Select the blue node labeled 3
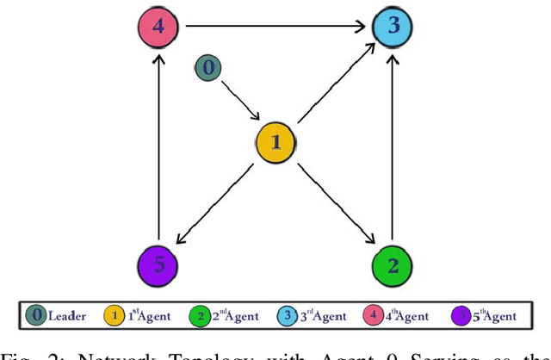point(393,25)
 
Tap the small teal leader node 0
point(206,67)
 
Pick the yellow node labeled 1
point(275,142)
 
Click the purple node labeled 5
point(158,264)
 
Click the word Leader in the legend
point(66,315)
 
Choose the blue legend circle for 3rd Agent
point(285,315)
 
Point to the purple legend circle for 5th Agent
point(462,315)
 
